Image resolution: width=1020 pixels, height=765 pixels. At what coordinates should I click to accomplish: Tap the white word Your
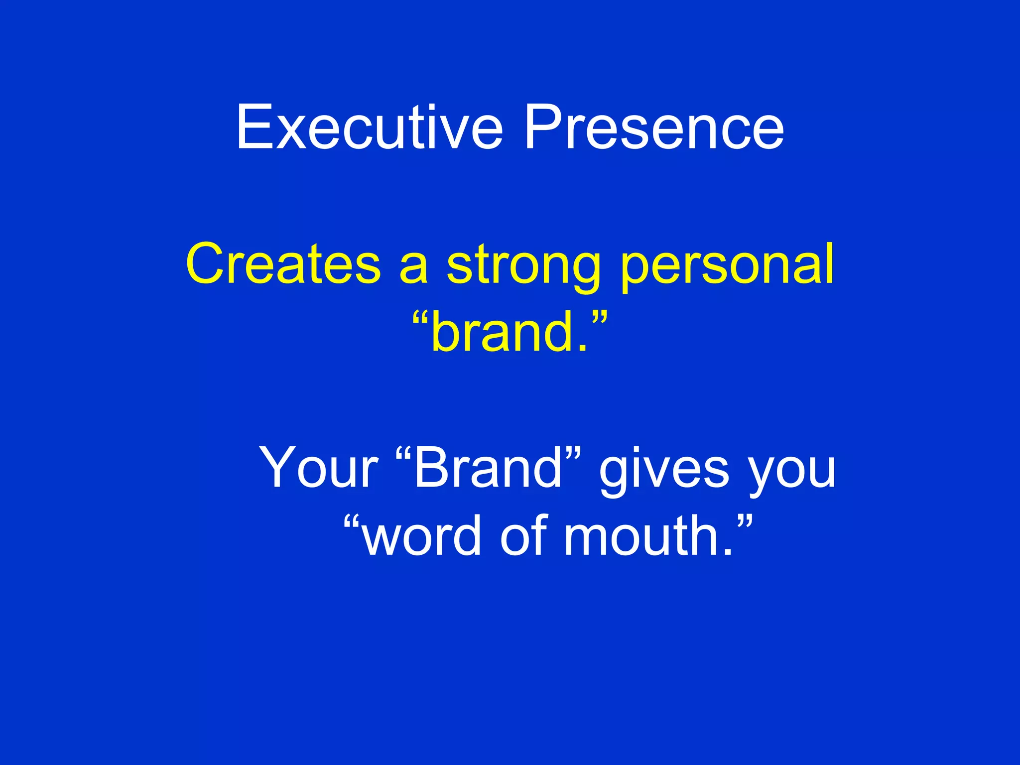(319, 468)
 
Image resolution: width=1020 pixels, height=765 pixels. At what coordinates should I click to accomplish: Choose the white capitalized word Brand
(488, 468)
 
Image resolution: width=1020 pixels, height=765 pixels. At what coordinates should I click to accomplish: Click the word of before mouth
(523, 536)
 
